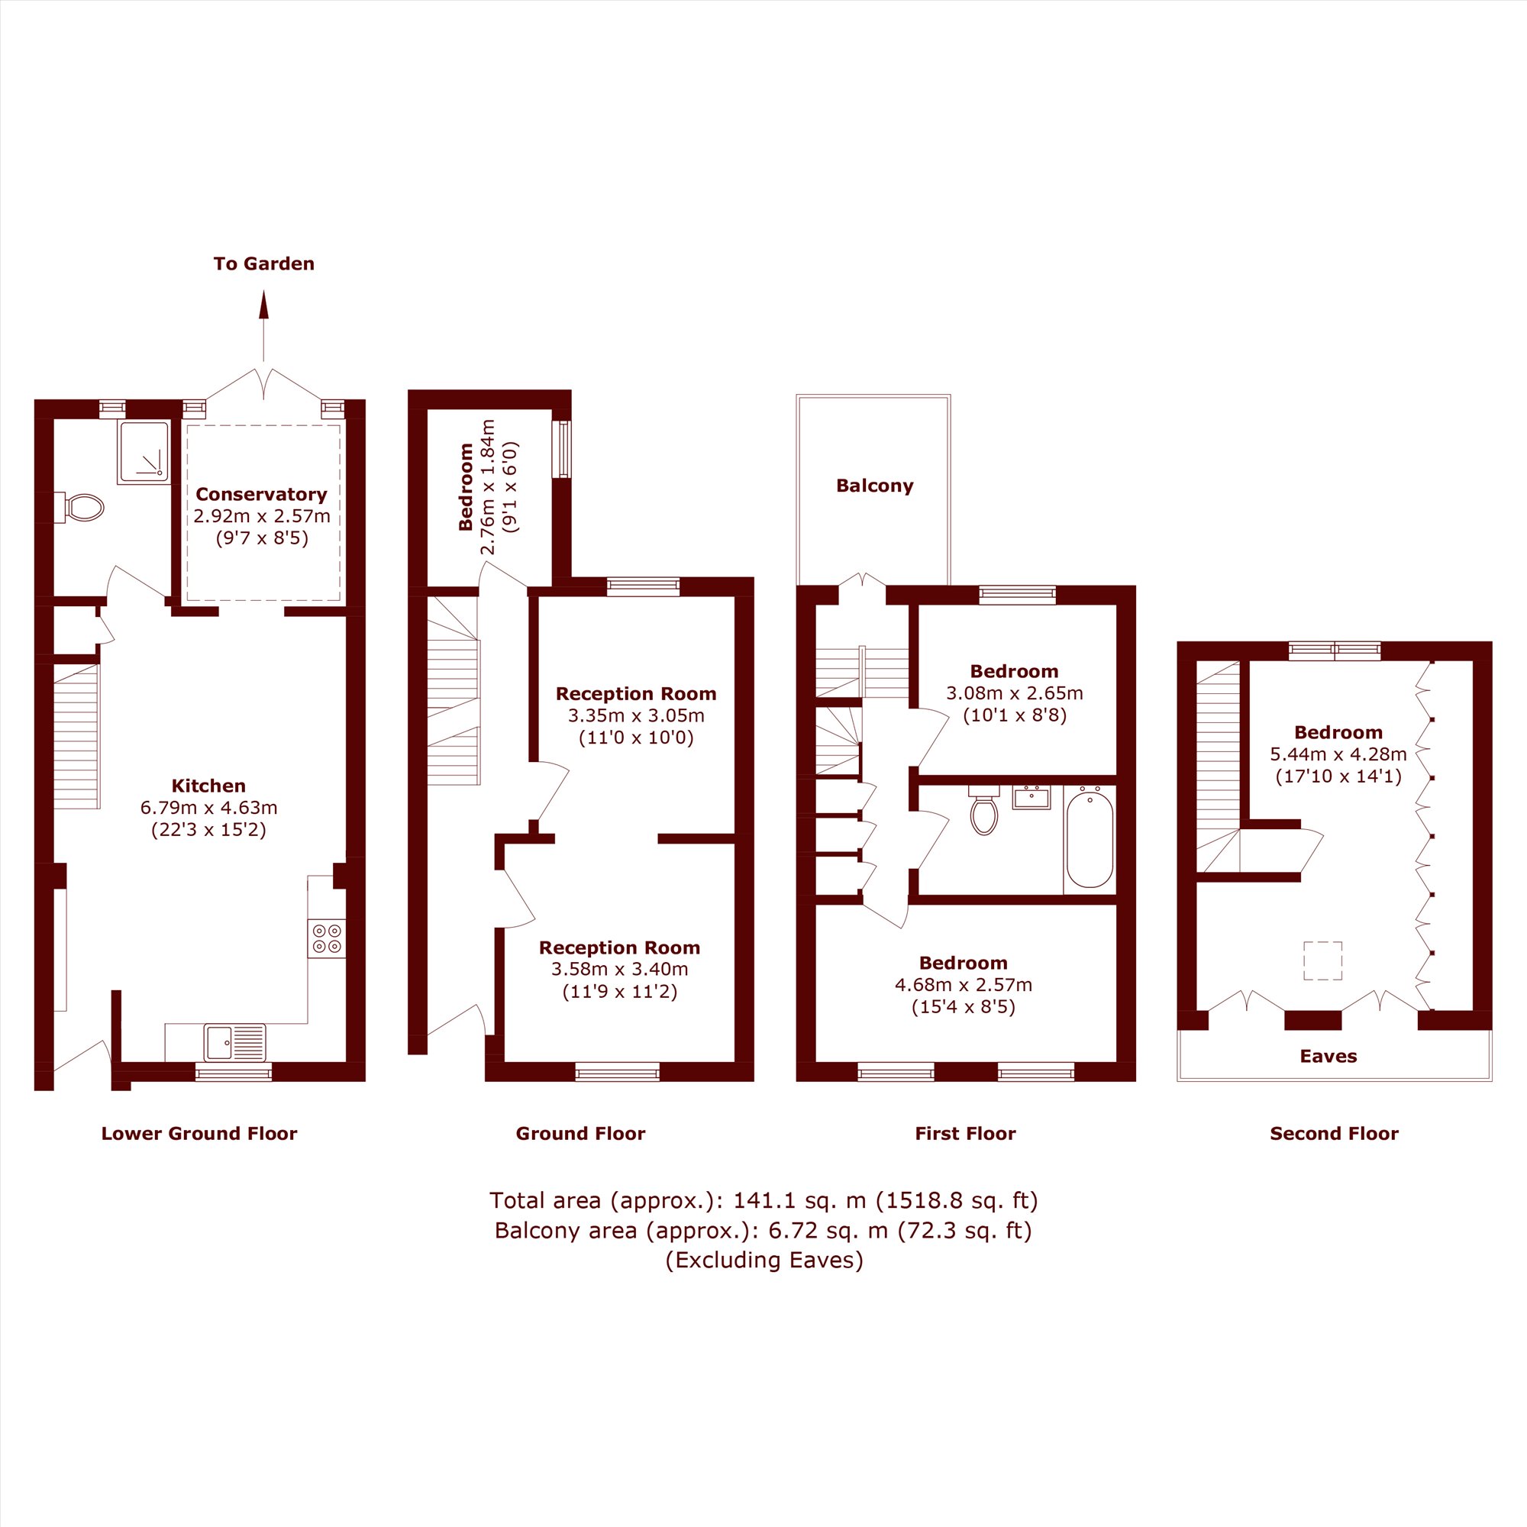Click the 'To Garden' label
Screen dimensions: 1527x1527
[x=264, y=264]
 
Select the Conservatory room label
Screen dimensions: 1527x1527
[x=262, y=495]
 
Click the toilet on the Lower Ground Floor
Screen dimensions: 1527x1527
[x=79, y=508]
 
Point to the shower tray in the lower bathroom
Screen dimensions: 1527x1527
[x=143, y=451]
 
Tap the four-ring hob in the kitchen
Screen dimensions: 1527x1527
[x=328, y=938]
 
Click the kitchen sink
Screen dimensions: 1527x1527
[x=234, y=1042]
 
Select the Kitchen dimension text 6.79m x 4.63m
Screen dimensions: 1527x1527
[x=208, y=808]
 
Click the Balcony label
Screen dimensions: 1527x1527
[x=875, y=486]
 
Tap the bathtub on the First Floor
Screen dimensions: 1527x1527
[x=1090, y=840]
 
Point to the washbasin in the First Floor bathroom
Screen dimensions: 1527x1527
[x=1031, y=798]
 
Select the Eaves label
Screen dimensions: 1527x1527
[x=1328, y=1056]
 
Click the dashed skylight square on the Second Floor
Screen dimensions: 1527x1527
[x=1322, y=961]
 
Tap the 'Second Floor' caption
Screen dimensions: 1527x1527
[x=1334, y=1133]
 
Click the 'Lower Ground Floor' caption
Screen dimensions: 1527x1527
[x=199, y=1133]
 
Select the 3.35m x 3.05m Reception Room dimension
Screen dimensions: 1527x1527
[x=636, y=716]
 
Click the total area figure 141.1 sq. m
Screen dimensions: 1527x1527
[x=800, y=1200]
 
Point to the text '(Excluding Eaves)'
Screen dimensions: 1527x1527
[x=764, y=1260]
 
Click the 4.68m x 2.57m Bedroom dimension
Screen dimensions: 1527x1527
[x=964, y=985]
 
